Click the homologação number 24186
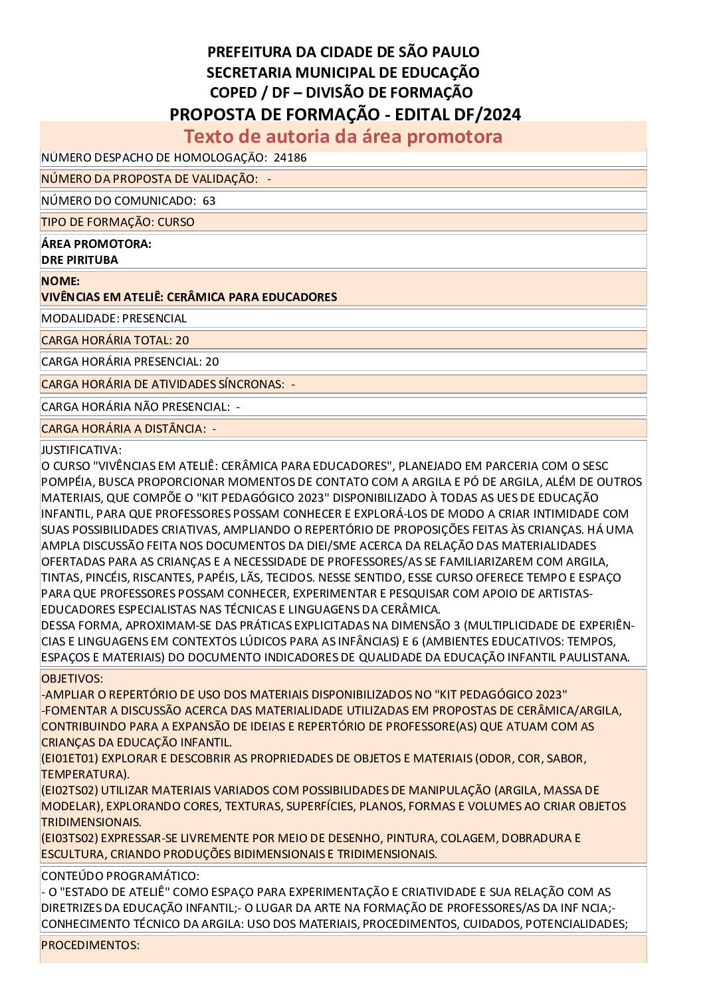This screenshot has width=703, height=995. (290, 158)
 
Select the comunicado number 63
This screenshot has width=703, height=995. (209, 201)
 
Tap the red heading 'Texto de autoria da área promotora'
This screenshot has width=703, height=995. (343, 136)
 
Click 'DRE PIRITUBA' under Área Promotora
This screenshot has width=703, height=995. (79, 260)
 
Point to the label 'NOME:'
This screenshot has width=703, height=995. (60, 281)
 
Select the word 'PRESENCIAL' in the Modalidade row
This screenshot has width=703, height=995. (154, 318)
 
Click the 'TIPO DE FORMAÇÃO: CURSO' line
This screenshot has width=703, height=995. (118, 222)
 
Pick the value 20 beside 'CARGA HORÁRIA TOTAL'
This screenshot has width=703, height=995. (182, 340)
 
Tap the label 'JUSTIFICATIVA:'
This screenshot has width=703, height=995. (81, 450)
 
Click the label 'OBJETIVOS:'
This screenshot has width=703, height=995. (72, 679)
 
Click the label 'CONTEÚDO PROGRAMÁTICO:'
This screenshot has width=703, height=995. (120, 876)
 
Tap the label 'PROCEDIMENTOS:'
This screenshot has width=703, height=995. (90, 945)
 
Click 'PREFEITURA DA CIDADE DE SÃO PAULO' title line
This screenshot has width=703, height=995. (343, 52)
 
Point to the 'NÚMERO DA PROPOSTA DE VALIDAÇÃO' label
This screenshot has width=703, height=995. (149, 179)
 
